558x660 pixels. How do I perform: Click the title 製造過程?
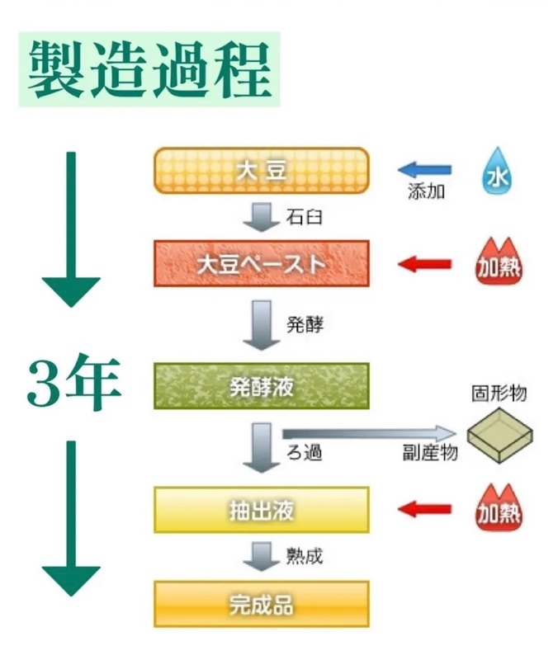point(149,71)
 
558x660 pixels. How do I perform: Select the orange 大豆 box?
point(261,170)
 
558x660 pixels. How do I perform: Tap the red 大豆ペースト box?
point(261,264)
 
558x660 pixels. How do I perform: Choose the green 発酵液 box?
point(261,385)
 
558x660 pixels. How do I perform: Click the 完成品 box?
point(261,603)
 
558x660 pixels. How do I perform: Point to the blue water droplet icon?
point(497,172)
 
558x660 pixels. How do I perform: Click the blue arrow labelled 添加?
point(425,171)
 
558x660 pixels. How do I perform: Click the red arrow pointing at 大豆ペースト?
point(425,264)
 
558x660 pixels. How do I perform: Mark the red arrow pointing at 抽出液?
point(425,509)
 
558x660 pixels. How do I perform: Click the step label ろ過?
point(304,452)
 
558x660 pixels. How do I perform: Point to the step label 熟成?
point(304,556)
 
